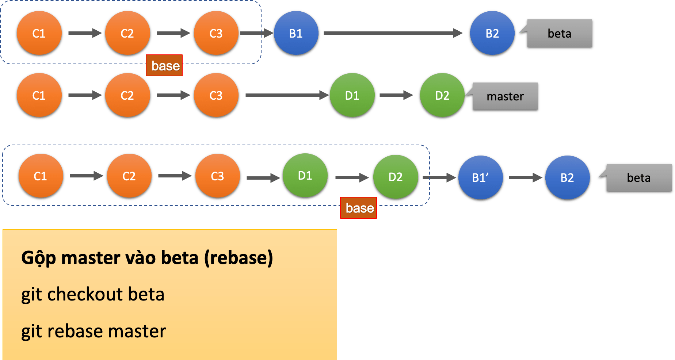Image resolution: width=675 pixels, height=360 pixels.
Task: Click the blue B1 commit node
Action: coord(296,34)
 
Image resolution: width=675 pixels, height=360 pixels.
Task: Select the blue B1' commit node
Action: coord(480,178)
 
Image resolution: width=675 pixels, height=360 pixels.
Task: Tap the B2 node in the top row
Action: coord(492,34)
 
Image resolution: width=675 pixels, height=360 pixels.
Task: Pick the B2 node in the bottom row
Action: coord(567,178)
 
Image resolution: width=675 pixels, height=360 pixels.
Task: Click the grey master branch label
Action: coord(506,96)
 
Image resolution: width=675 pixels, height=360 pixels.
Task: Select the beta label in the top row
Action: coord(560,34)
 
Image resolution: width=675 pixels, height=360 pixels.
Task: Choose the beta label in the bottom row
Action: coord(639,178)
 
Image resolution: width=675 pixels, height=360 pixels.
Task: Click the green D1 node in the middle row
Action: coord(352,96)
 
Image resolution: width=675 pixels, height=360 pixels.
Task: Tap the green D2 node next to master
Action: coord(442,96)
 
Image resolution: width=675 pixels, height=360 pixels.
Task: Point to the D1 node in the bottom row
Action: coord(305,176)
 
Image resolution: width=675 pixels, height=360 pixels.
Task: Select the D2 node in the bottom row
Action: coord(395,177)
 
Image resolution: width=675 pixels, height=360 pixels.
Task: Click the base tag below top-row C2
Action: coord(165,66)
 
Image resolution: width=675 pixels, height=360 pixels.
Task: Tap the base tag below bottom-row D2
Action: coord(359,208)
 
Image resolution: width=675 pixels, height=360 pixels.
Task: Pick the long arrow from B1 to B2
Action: coord(393,33)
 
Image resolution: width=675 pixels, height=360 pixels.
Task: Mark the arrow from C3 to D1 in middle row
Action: coord(287,95)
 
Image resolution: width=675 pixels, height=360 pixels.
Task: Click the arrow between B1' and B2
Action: coord(525,178)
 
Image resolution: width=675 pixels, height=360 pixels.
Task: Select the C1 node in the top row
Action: coord(39,34)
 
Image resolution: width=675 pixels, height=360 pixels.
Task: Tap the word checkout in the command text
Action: coord(85,294)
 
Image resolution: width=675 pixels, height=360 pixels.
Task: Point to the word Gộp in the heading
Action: coord(38,258)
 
